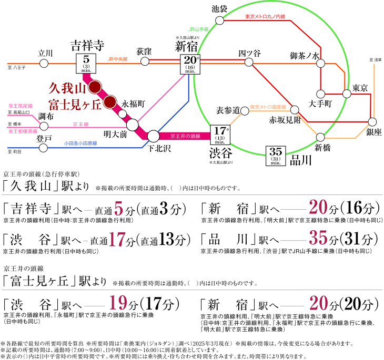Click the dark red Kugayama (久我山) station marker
point(95,87)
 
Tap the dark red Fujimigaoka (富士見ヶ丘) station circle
point(110,102)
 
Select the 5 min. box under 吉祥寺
point(86,64)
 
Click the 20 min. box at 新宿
point(190,64)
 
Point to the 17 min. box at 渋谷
point(220,135)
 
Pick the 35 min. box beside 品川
point(276,156)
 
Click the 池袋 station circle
point(220,20)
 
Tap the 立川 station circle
point(44,64)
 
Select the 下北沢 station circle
point(154,136)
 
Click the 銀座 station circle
point(372,122)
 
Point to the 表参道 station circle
point(245,111)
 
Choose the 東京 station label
point(360,88)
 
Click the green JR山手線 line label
point(199,29)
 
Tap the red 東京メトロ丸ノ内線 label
point(265,17)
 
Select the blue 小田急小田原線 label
point(80,143)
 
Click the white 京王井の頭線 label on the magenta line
point(185,136)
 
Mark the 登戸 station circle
point(43,148)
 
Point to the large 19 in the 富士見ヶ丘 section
point(118,303)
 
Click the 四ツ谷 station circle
point(249,62)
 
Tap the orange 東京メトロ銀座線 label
point(268,107)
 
